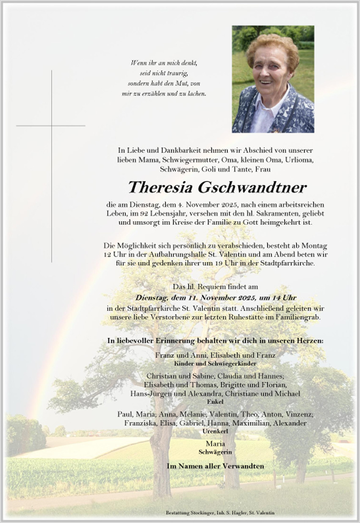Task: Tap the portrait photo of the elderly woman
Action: coord(273,79)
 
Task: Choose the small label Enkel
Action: coord(216,401)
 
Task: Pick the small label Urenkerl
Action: coord(216,431)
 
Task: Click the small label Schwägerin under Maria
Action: coord(216,452)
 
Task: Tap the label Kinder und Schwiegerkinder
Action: coord(216,364)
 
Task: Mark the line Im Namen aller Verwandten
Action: coord(216,466)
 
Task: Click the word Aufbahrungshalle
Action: coord(174,255)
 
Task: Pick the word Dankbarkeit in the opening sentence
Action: coord(168,150)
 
